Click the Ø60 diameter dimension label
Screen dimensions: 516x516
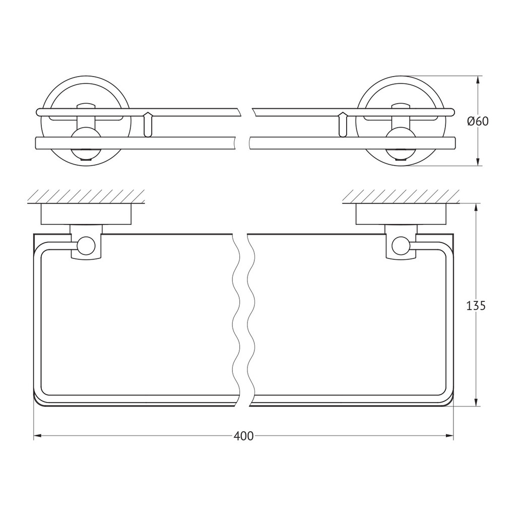478,121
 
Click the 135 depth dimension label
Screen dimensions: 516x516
476,306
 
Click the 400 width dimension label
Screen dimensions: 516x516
243,436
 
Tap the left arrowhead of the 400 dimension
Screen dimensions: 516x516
37,436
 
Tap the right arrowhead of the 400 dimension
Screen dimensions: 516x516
449,436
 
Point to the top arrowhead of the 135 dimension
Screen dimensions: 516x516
476,208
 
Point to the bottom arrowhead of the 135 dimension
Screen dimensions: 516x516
476,402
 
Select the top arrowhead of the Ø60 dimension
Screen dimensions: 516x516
478,80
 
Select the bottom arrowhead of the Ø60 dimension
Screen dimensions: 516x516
478,162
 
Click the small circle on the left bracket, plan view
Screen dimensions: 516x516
86,246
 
